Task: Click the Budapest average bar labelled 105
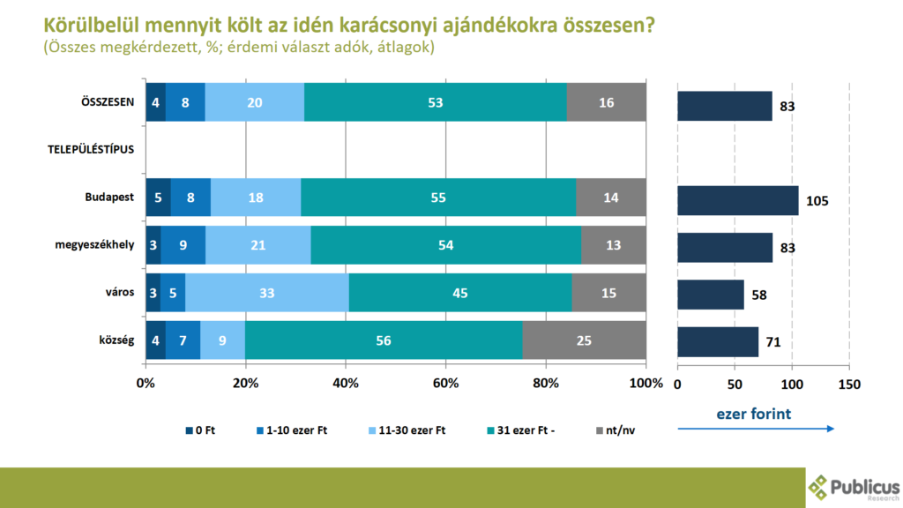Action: (x=737, y=200)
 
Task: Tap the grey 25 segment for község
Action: (x=584, y=341)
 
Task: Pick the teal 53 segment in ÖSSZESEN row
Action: (x=435, y=102)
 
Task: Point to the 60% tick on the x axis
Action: (x=445, y=384)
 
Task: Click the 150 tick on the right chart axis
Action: (x=848, y=384)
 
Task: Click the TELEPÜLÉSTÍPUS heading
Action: (x=91, y=149)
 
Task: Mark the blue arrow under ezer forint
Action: (x=756, y=430)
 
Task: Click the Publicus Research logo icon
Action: (x=819, y=487)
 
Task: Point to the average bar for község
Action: (x=718, y=341)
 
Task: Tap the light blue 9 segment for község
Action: (x=223, y=341)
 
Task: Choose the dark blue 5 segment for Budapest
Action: (x=157, y=198)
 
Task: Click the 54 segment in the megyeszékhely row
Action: (x=445, y=245)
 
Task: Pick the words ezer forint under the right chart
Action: (x=755, y=412)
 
